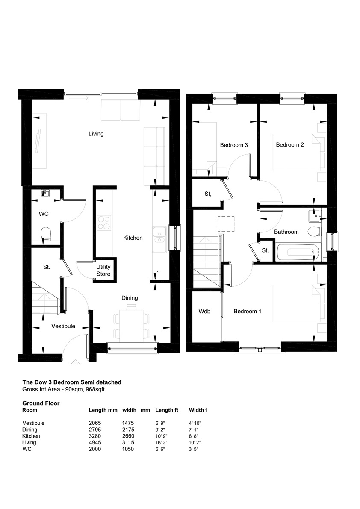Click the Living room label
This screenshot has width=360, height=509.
tap(96, 134)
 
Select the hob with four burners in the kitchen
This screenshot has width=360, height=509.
tap(104, 223)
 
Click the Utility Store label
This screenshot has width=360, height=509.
tap(103, 271)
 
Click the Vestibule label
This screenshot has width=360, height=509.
tap(63, 326)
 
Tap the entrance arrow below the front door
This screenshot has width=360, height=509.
tap(75, 362)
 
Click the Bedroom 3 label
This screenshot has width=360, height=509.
tap(234, 145)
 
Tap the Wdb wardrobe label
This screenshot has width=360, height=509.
tap(204, 311)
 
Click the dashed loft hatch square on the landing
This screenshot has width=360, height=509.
tap(226, 224)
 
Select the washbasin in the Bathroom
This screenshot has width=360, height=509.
tap(315, 215)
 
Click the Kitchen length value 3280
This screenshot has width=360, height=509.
tap(95, 436)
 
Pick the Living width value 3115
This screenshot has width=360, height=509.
tap(128, 442)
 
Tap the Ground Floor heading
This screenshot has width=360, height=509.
tap(41, 403)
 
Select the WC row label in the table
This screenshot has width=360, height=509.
tap(27, 449)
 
